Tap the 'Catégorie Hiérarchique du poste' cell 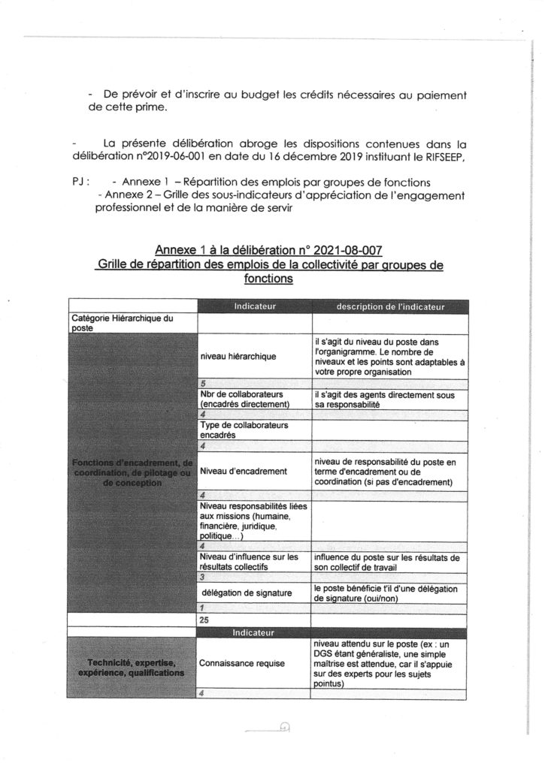[122, 323]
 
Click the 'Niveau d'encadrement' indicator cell [244, 472]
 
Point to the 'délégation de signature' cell [246, 593]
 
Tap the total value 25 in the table [204, 620]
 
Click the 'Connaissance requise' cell [241, 664]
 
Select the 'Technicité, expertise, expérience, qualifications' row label [132, 668]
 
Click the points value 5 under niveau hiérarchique [204, 383]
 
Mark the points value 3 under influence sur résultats [204, 577]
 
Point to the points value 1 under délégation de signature [203, 607]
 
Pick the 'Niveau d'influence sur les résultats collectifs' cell [249, 562]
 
